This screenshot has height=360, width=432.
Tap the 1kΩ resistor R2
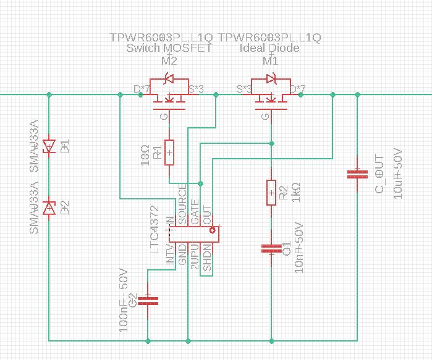(271, 193)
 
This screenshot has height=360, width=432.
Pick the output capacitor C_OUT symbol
(355, 175)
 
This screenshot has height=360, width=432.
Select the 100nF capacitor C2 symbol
(148, 301)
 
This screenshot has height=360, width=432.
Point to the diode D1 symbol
(49, 146)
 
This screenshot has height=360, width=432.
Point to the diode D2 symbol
(49, 208)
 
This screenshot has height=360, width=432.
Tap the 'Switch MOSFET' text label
(168, 48)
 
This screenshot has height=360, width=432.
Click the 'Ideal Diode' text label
(269, 48)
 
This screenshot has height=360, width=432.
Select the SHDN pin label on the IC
(208, 258)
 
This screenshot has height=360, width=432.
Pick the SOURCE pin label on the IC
(182, 204)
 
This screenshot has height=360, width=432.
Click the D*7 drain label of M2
(142, 89)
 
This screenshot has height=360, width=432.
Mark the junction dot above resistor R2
(270, 143)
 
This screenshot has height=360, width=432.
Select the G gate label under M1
(265, 116)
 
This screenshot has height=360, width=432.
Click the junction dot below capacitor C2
(148, 340)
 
